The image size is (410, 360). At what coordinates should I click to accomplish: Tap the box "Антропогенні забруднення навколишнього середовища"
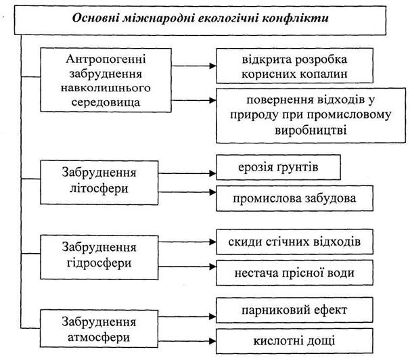[x=106, y=80]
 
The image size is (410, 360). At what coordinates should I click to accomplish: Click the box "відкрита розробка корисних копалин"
[x=295, y=66]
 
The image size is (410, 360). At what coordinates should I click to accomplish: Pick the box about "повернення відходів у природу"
[x=311, y=116]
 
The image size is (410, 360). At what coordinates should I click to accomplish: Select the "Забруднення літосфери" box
[x=99, y=183]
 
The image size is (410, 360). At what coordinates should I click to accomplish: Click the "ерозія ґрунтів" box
[x=279, y=167]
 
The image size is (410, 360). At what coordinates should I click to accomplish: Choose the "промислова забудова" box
[x=295, y=198]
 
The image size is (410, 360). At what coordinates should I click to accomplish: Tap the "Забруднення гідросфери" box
[x=99, y=257]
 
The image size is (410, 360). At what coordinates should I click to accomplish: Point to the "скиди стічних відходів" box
[x=295, y=242]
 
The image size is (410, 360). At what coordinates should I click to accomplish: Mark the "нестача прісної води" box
[x=295, y=273]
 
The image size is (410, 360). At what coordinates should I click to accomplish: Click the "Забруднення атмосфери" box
[x=99, y=329]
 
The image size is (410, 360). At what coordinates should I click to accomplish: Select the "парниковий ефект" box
[x=294, y=310]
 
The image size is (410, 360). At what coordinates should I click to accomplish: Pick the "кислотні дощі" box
[x=294, y=341]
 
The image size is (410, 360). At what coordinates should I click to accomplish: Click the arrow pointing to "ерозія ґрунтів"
[x=187, y=173]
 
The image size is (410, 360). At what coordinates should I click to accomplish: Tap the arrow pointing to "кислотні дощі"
[x=187, y=341]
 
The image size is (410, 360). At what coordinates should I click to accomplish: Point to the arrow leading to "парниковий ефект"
[x=187, y=317]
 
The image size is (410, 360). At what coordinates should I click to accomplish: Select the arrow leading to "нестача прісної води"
[x=187, y=267]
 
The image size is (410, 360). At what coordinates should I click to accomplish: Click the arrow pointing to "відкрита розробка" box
[x=193, y=66]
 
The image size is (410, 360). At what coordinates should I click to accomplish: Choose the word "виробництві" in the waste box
[x=311, y=130]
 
